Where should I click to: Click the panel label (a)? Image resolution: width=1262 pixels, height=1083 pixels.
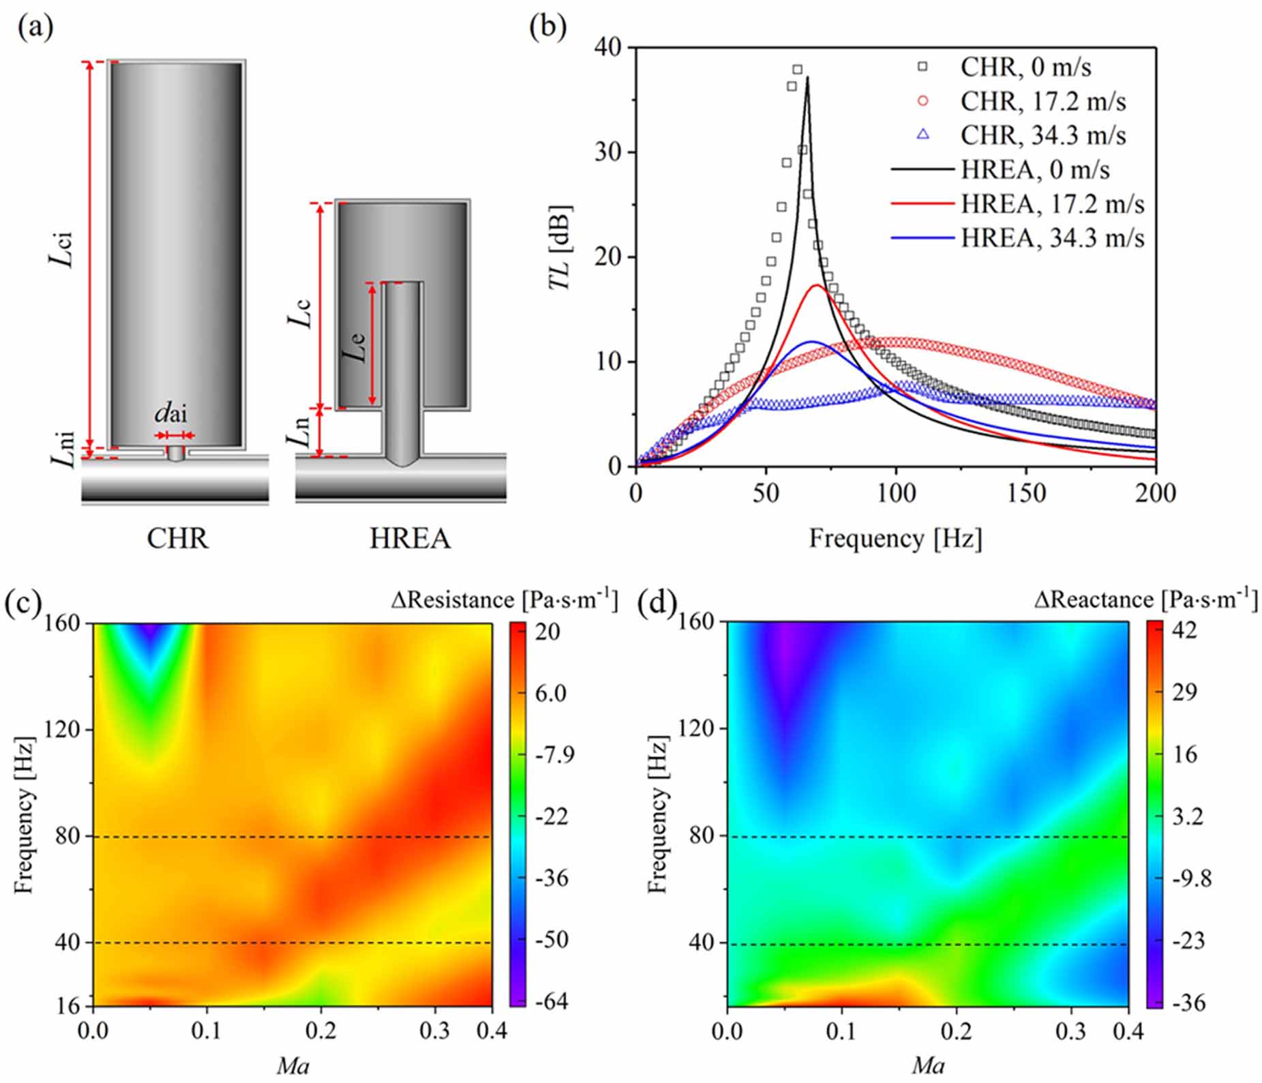point(36,28)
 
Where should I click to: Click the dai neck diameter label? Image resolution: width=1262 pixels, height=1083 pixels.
point(170,413)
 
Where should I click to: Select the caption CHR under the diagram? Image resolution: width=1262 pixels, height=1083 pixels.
point(177,539)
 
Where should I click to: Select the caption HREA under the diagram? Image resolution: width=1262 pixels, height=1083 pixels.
point(410,539)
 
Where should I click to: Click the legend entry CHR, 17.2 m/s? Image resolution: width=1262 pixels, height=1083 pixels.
point(1042,101)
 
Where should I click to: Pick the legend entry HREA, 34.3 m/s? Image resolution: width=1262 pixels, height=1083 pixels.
point(1052,238)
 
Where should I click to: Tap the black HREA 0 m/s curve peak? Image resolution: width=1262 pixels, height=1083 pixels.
point(808,78)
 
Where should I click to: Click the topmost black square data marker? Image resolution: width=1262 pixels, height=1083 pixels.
point(797,70)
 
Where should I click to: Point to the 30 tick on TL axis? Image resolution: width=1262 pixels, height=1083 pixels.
point(608,152)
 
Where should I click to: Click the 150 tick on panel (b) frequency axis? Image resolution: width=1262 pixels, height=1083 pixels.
point(1026,493)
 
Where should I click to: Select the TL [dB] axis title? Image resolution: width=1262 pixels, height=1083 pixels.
point(560,248)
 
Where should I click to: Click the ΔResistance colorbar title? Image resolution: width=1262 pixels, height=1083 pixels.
point(505,599)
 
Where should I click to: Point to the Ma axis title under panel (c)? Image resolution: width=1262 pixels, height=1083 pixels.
point(292,1065)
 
